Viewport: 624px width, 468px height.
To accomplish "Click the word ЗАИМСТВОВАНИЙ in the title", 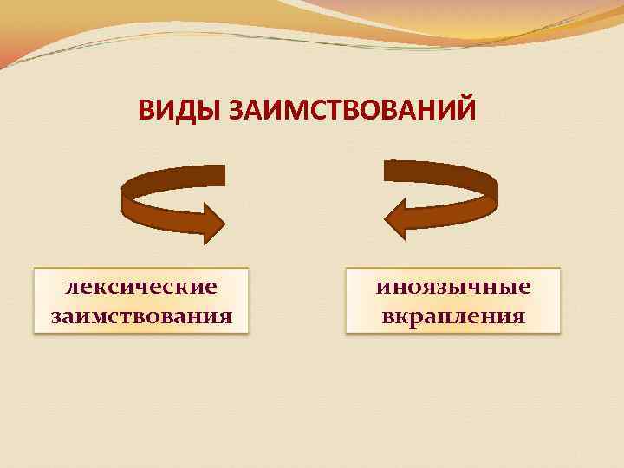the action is (x=351, y=113).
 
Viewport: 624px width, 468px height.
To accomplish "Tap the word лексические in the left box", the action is (x=141, y=287).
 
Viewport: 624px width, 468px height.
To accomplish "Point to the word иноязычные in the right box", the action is (x=453, y=287).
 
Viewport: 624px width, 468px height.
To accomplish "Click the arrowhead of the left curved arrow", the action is (x=211, y=222).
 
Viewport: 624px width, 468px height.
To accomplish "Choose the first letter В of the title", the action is (x=146, y=113).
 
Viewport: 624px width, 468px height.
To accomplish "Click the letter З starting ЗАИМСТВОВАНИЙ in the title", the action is (x=236, y=113).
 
